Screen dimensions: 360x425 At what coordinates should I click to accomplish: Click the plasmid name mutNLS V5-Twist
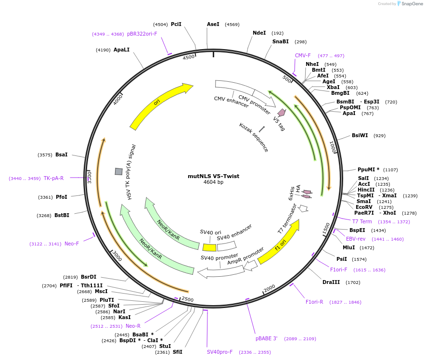[x=213, y=176]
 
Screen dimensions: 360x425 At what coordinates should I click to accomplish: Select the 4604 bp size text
[x=213, y=182]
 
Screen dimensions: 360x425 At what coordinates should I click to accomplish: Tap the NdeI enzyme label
[x=259, y=33]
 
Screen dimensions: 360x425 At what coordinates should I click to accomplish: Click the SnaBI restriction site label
[x=280, y=42]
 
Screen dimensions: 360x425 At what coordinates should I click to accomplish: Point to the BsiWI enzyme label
[x=360, y=136]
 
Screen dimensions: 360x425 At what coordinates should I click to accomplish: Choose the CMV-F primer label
[x=303, y=56]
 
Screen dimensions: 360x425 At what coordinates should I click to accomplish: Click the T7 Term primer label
[x=362, y=221]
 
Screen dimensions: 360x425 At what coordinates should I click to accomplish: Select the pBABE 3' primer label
[x=266, y=339]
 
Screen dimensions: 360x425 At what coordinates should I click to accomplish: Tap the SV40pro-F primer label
[x=219, y=352]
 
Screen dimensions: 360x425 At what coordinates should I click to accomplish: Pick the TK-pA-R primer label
[x=53, y=178]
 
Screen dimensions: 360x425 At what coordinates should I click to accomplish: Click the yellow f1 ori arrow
[x=279, y=243]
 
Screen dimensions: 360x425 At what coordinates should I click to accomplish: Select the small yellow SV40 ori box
[x=209, y=247]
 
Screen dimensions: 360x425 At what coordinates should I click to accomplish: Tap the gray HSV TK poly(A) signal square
[x=118, y=171]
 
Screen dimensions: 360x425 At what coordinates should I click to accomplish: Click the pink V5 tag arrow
[x=282, y=113]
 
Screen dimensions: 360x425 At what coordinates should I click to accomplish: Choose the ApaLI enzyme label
[x=121, y=50]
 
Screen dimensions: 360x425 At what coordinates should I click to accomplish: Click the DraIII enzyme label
[x=331, y=283]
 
